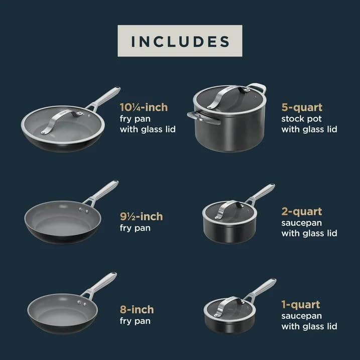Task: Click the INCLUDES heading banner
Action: [180, 41]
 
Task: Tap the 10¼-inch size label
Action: [144, 107]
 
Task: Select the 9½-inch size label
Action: [141, 217]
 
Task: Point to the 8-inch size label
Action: [137, 309]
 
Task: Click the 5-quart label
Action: [302, 107]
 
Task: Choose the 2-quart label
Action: [302, 211]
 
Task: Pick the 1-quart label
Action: [301, 304]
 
